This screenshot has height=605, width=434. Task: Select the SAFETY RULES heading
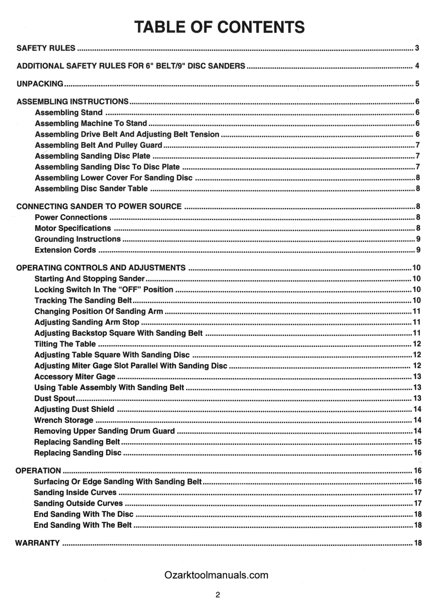(x=46, y=48)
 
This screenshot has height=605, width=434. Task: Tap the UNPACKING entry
(x=40, y=84)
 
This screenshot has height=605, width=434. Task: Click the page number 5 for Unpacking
(x=417, y=84)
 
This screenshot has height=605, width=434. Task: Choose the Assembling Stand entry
(x=68, y=112)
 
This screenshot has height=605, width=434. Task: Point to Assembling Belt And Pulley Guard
(x=98, y=145)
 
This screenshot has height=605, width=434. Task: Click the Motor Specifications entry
(x=73, y=228)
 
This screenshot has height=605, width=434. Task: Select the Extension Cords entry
(x=65, y=250)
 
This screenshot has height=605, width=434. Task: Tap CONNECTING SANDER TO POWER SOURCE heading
(x=99, y=207)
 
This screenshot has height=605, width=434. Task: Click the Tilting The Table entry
(x=65, y=344)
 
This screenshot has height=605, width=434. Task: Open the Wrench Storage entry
(x=63, y=420)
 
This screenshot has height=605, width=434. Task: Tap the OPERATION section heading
(x=38, y=470)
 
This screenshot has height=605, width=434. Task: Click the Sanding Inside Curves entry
(x=75, y=492)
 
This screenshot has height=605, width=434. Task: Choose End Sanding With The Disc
(x=84, y=514)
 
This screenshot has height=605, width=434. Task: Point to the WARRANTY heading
(x=38, y=543)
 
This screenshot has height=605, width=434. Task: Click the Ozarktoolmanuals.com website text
(x=216, y=575)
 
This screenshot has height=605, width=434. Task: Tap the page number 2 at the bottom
(x=218, y=595)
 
